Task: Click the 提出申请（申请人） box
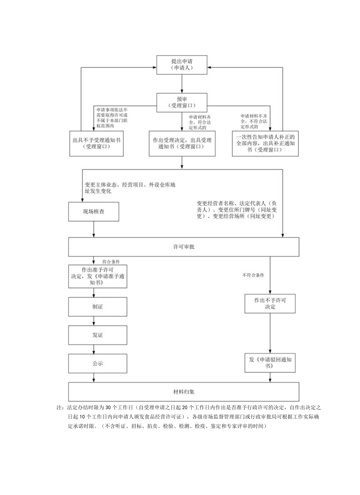point(182,65)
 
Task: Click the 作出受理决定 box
point(182,143)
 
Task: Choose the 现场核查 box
point(94,212)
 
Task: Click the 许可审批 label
point(184,247)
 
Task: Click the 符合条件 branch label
point(111,261)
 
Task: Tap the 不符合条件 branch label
point(253,275)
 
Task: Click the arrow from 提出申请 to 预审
point(182,84)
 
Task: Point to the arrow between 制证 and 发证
point(94,321)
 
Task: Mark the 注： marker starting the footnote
point(61,407)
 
